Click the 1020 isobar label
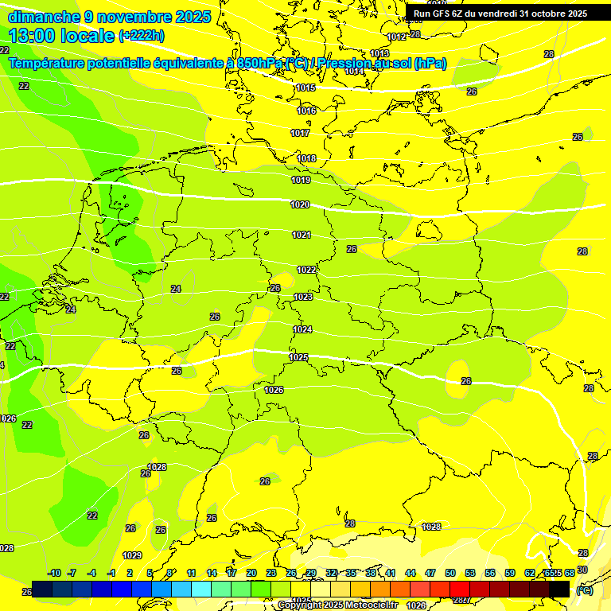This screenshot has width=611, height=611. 300,204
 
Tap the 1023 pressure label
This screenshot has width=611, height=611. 303,297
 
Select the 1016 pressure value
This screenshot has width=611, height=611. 306,111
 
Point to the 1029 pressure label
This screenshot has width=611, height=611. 132,555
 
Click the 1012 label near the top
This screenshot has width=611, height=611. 396,37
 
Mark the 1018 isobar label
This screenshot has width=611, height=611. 306,158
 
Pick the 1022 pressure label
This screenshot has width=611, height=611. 306,270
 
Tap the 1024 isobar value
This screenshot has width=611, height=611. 302,329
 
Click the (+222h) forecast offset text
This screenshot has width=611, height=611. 141,36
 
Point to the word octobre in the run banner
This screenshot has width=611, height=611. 539,14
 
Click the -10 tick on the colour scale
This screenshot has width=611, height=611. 54,573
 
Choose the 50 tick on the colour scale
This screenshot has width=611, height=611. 450,573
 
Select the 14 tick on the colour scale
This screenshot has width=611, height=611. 212,573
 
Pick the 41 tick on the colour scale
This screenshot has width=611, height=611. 391,573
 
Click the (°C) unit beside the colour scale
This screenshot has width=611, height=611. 584,591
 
